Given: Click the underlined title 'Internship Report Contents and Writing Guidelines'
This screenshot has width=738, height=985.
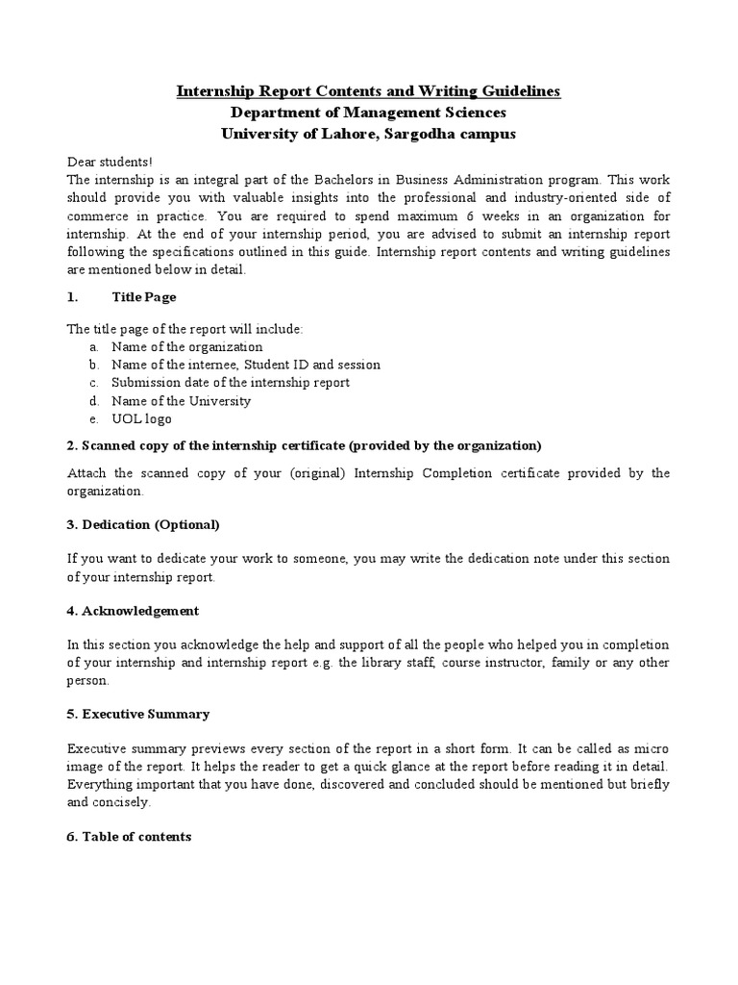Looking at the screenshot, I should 368,91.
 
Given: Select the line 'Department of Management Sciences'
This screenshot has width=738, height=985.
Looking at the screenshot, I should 368,113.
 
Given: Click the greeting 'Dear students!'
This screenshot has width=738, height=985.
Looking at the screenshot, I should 110,162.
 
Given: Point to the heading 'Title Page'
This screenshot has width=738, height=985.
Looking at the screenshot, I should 143,297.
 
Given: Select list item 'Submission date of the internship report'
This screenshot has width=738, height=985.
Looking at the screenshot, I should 230,382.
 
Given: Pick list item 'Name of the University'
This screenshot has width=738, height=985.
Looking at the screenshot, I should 181,400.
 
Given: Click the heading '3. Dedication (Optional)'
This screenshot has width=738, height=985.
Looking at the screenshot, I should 143,524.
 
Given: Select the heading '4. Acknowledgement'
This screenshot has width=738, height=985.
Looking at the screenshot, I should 134,610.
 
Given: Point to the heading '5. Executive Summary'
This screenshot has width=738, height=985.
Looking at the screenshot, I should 138,714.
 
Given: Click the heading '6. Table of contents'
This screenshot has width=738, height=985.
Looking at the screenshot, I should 130,837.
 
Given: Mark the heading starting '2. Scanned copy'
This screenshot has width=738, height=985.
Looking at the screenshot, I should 305,445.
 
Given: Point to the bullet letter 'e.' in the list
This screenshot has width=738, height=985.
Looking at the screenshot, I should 93,418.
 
